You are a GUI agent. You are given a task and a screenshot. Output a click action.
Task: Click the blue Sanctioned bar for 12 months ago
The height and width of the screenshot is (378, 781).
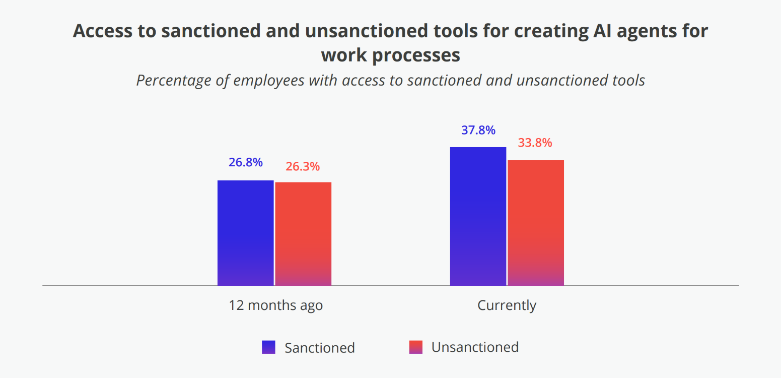coord(245,233)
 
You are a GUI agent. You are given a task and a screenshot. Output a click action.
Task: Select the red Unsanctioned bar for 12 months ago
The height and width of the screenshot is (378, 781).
coord(303,234)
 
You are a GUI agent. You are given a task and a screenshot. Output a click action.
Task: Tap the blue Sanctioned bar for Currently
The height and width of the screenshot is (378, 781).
coord(478,216)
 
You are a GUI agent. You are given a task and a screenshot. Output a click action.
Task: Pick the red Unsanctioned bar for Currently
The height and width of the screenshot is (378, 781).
coord(536,223)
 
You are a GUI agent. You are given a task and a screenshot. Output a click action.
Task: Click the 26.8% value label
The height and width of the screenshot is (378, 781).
coord(245,162)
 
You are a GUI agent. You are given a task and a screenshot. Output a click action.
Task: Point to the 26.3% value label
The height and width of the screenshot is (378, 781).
coord(303,166)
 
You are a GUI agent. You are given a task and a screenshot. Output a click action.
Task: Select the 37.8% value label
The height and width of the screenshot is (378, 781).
coord(478,130)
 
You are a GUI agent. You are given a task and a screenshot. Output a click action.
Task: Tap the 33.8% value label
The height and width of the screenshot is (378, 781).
coord(535,143)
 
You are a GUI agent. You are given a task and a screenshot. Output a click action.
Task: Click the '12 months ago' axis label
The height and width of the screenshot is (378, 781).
coord(276,305)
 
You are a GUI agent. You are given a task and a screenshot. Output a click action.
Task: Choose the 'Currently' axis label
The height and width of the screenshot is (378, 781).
coord(507,305)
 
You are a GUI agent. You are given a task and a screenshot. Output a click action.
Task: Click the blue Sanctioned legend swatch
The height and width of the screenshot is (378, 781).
coord(268,347)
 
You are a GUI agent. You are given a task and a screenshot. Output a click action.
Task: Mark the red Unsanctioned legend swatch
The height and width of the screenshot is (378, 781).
coord(415,347)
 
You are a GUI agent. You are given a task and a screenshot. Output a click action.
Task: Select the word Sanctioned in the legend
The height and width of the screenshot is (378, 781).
coord(320,348)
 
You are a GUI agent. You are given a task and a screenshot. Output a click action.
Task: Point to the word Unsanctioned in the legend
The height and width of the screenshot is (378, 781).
coord(475,347)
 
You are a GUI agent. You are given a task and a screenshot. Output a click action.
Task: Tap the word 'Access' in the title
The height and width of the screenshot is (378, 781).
coord(103,31)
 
